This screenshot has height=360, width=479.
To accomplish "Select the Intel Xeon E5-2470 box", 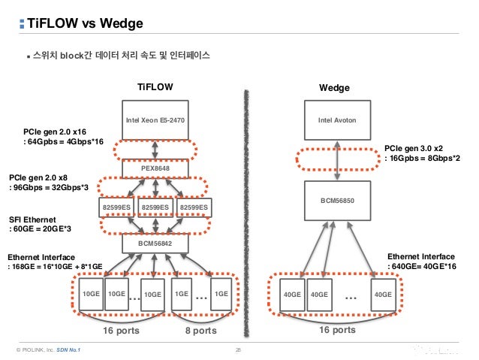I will click(155, 119).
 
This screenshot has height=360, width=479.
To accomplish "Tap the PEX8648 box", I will click(155, 169).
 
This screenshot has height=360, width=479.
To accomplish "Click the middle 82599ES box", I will click(155, 207).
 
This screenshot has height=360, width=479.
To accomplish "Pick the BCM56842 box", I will click(155, 244).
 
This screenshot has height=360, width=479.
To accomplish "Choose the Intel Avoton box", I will click(336, 119).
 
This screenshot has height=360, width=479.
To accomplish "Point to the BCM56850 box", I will click(336, 201).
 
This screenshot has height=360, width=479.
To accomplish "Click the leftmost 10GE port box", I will click(91, 294).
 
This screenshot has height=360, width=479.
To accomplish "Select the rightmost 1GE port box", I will click(220, 294).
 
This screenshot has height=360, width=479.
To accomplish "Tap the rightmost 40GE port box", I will click(383, 294).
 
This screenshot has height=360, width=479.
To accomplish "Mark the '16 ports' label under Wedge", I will click(337, 330).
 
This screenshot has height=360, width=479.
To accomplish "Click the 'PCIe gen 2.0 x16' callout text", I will click(55, 131).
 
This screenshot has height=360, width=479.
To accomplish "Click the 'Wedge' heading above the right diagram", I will click(334, 88).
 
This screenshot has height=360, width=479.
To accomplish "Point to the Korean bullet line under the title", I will click(121, 56).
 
